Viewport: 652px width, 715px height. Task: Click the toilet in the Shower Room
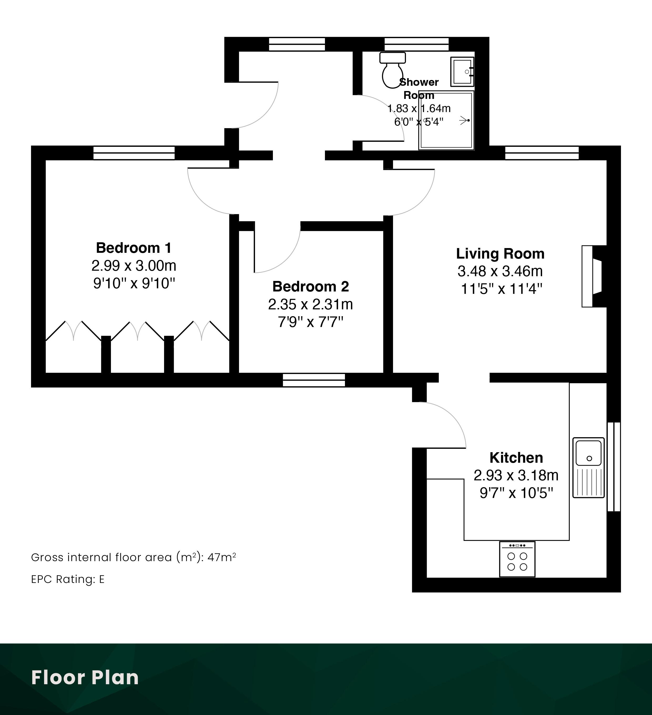393,70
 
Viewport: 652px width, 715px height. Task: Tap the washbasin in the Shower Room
462,72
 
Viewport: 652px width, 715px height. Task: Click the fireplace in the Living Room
594,276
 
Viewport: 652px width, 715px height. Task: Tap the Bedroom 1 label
134,248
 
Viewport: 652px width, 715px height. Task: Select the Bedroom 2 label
310,286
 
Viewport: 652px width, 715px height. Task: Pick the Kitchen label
516,458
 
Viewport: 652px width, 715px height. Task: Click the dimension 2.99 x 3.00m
134,266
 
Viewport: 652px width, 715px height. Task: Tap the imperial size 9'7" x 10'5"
516,493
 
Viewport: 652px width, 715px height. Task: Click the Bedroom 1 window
134,153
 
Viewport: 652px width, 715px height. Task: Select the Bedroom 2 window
314,380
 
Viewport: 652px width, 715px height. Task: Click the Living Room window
542,153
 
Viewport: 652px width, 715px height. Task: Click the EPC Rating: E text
68,579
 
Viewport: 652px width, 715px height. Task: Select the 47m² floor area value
222,557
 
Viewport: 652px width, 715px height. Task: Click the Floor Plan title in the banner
85,677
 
